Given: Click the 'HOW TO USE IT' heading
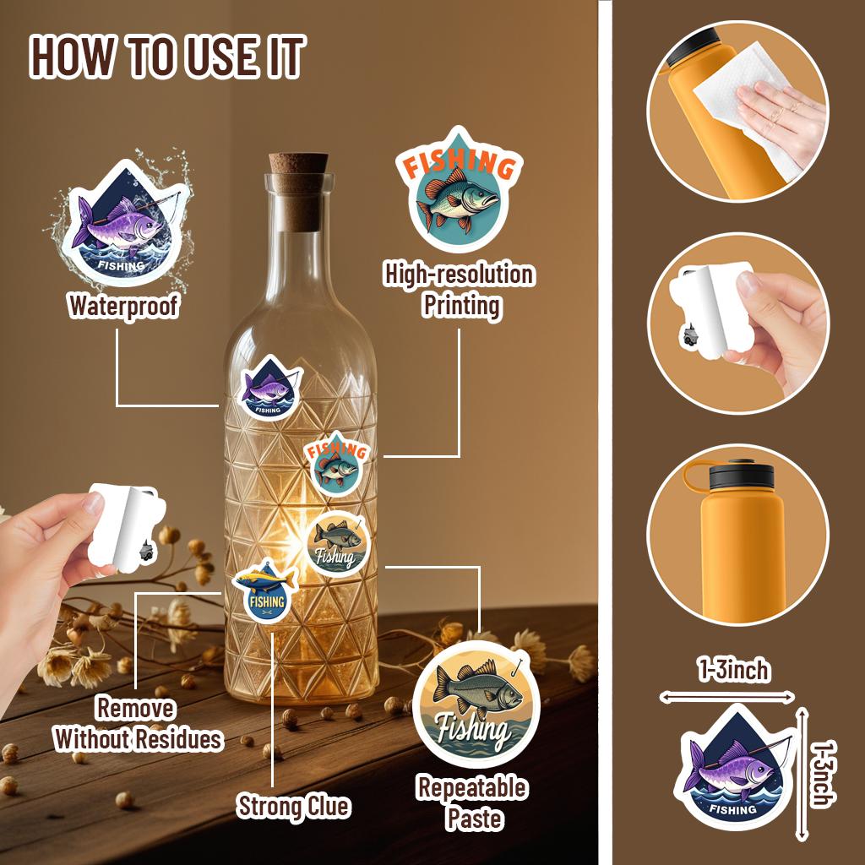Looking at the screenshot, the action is click(x=166, y=57).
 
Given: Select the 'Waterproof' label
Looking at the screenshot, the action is click(x=123, y=306).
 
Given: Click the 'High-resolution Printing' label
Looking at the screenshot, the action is click(x=459, y=290).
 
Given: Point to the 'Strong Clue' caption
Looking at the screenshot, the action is click(x=293, y=807).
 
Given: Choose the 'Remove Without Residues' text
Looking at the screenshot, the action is click(x=138, y=724).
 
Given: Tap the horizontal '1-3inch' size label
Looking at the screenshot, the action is click(x=733, y=670).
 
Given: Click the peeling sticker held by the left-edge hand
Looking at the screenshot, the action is click(x=127, y=525).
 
